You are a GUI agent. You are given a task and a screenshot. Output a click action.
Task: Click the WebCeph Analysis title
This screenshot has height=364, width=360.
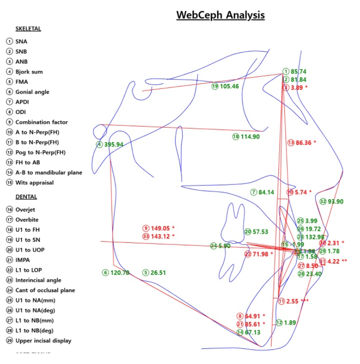[x=220, y=15]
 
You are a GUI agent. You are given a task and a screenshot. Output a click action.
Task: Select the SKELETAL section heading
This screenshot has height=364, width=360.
[x=28, y=29]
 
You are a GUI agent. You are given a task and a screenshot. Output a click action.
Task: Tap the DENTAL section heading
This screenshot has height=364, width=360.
[x=26, y=197]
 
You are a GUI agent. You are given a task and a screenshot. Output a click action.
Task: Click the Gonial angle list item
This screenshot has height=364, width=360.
[x=32, y=92]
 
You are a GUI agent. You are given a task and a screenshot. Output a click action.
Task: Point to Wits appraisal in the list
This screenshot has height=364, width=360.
[x=35, y=183]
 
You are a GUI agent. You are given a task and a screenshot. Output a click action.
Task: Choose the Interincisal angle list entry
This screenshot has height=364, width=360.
[x=39, y=280]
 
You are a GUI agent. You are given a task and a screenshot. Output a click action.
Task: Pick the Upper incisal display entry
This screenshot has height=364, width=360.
[x=43, y=341]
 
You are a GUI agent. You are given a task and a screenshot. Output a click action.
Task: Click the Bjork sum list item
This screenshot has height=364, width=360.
[x=29, y=72]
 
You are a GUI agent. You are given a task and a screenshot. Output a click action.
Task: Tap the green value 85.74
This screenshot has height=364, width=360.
[x=299, y=71]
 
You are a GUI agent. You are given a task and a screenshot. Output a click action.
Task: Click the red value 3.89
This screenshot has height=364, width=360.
[x=297, y=88]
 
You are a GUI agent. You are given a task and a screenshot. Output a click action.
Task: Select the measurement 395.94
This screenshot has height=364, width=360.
[x=113, y=144]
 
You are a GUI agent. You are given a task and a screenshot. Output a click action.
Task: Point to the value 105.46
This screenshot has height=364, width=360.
[x=229, y=86]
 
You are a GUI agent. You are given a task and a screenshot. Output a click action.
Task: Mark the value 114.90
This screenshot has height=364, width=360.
[x=250, y=136]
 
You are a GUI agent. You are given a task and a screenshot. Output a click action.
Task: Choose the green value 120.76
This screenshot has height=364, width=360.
[x=119, y=272]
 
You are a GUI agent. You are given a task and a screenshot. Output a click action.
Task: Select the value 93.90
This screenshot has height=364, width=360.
[x=335, y=202]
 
